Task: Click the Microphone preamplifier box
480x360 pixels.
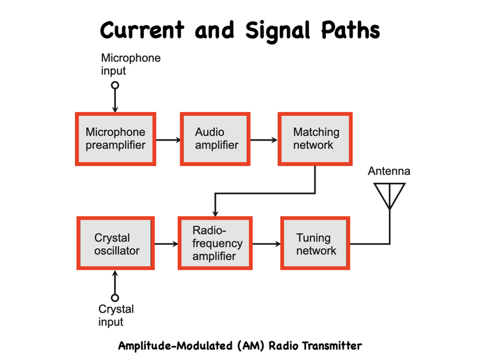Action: click(115, 139)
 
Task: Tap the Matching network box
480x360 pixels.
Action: click(315, 139)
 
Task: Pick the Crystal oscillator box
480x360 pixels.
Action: click(116, 244)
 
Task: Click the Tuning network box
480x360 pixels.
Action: click(315, 244)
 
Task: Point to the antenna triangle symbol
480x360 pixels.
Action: click(389, 194)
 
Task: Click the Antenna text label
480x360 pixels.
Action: click(389, 171)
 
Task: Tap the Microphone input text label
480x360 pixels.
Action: click(131, 65)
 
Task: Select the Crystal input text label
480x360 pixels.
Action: click(116, 316)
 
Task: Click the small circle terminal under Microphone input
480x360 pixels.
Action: click(115, 85)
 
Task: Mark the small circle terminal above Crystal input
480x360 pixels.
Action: click(115, 297)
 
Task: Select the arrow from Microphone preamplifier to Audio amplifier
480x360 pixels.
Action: click(168, 139)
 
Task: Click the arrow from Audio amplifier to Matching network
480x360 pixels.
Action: click(263, 139)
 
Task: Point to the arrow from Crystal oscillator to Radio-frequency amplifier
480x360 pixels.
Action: click(166, 244)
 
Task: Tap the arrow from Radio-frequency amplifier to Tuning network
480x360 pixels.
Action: click(266, 244)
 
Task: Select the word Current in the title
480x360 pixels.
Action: click(141, 30)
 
